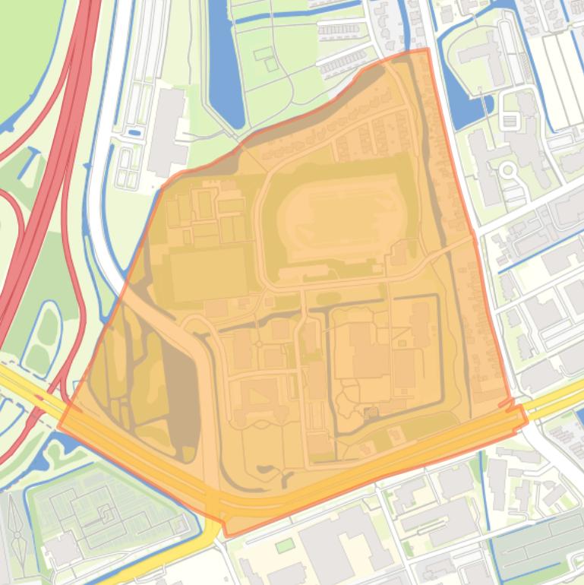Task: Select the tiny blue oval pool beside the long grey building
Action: pyautogui.click(x=134, y=133)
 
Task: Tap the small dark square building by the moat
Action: pyautogui.click(x=371, y=413)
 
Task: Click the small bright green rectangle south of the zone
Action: pyautogui.click(x=284, y=545)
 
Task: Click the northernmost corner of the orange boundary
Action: pyautogui.click(x=428, y=49)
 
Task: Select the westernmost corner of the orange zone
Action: pyautogui.click(x=59, y=425)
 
